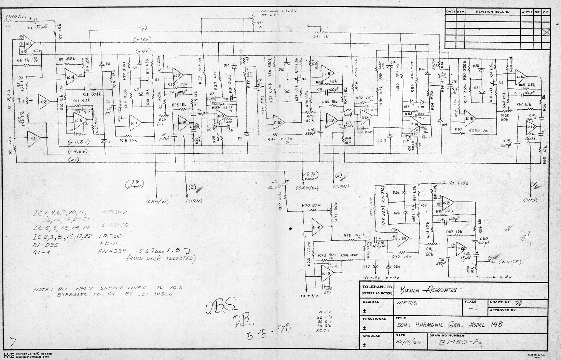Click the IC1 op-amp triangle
[29, 44]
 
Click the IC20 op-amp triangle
[403, 239]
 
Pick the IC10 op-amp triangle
[279, 123]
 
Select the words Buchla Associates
[427, 290]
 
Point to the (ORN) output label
[194, 200]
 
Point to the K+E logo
[8, 353]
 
